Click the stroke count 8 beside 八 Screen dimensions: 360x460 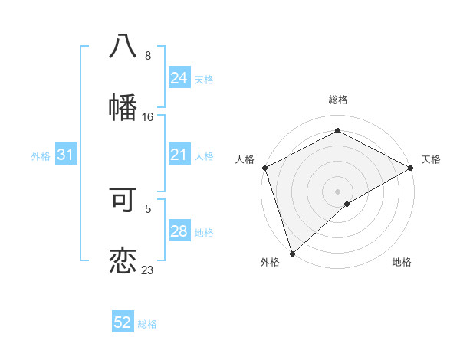click(148, 56)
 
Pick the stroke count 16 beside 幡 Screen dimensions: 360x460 click(148, 117)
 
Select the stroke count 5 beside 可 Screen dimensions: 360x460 click(148, 208)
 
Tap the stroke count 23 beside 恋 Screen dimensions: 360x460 click(148, 270)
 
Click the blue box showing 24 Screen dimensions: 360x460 click(179, 78)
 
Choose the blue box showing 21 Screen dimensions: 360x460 click(179, 155)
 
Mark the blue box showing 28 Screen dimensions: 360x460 click(179, 232)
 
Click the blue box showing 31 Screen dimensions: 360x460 click(66, 155)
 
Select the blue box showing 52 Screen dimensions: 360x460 click(123, 323)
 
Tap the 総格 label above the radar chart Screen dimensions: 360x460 click(337, 100)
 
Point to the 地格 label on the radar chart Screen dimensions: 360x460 click(402, 263)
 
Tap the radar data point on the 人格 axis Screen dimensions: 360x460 click(264, 168)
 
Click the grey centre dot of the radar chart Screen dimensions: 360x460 click(337, 191)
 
